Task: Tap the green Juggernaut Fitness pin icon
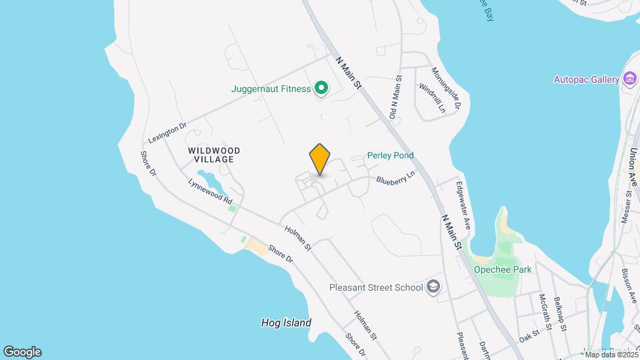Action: (x=321, y=88)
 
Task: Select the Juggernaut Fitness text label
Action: (x=271, y=88)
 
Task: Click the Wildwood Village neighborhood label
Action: (x=214, y=155)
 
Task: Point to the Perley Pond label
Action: (x=390, y=155)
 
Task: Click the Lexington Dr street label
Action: (x=167, y=130)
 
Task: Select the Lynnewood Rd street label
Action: (x=210, y=191)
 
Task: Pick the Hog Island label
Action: (x=286, y=323)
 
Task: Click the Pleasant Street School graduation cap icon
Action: (x=433, y=287)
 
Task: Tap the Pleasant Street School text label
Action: (x=376, y=287)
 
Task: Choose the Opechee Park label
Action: (x=503, y=270)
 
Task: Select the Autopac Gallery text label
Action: (x=587, y=79)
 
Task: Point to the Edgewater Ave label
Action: (x=463, y=206)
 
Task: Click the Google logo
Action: (x=22, y=351)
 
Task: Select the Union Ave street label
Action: (x=632, y=164)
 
